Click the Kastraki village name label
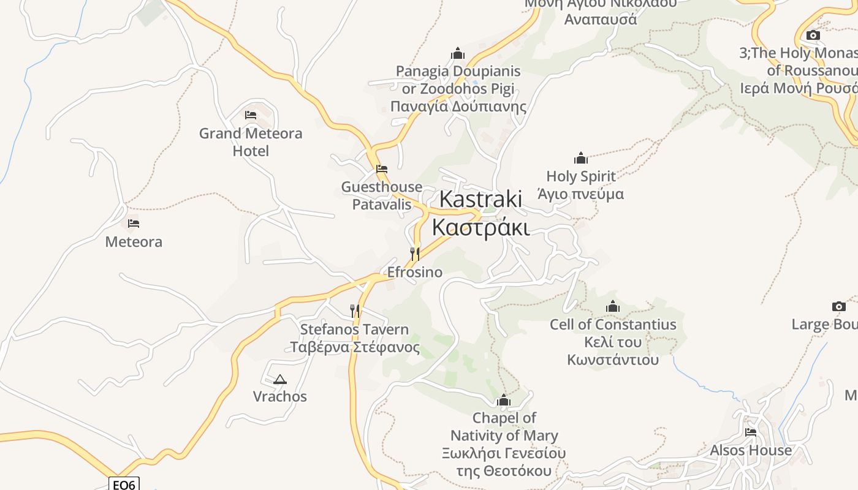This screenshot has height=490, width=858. [x=480, y=213]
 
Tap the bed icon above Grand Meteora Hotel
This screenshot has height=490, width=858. [x=250, y=115]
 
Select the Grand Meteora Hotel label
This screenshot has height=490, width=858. [x=251, y=141]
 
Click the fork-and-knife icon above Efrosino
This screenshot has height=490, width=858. [x=415, y=254]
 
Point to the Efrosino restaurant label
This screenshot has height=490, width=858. [x=415, y=272]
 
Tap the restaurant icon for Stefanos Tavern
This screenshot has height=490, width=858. [x=355, y=311]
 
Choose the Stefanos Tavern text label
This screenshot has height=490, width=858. [x=354, y=338]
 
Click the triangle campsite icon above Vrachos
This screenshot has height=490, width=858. [x=280, y=379]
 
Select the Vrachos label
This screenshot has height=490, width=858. [x=280, y=396]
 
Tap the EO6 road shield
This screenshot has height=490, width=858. [x=124, y=484]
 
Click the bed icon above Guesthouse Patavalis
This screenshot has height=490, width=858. [x=382, y=169]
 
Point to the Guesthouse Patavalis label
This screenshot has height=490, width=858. [x=382, y=195]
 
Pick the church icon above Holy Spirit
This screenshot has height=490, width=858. [x=581, y=158]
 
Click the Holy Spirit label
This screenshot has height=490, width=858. [x=581, y=185]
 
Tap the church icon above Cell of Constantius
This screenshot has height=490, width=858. [x=613, y=306]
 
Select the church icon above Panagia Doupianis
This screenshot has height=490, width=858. [x=458, y=53]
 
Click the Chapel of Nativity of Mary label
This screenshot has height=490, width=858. [x=504, y=444]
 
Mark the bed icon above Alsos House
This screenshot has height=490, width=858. [x=751, y=432]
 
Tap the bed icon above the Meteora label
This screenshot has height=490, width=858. [x=134, y=224]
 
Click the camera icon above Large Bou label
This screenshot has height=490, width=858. [x=839, y=306]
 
